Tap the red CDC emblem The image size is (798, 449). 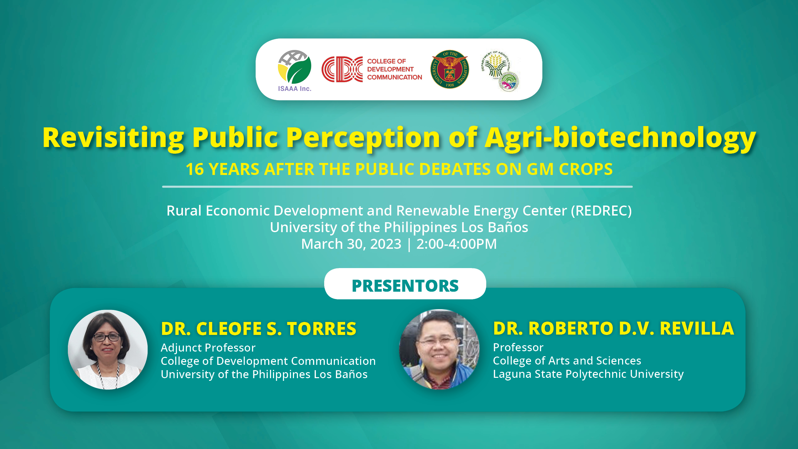click(342, 69)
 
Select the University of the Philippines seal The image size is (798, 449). click(450, 69)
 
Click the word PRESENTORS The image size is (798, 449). click(405, 286)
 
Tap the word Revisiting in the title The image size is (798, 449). click(113, 138)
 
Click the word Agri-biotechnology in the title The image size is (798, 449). click(620, 138)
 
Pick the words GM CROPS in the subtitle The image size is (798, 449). click(570, 169)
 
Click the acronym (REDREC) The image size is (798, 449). click(601, 211)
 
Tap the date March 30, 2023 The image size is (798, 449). click(351, 244)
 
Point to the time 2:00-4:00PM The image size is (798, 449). click(457, 244)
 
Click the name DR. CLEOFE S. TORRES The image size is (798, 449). click(259, 329)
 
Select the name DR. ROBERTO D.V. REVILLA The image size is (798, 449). click(613, 328)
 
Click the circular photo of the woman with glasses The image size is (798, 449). click(108, 350)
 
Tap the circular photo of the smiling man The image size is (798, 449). click(439, 349)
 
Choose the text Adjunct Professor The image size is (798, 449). click(208, 348)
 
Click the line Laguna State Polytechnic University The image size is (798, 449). click(588, 374)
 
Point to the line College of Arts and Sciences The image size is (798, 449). click(567, 361)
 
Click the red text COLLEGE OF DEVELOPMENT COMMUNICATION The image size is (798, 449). click(394, 69)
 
